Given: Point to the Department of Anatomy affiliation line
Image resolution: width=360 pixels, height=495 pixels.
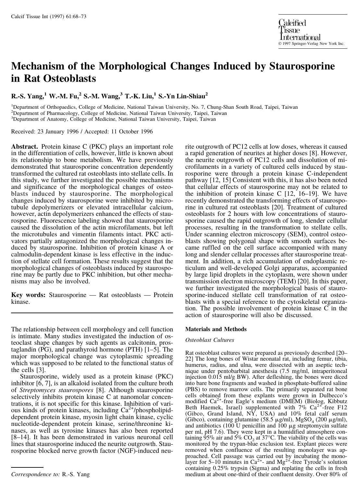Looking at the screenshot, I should coord(114,119).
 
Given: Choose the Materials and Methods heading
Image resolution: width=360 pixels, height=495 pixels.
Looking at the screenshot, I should coord(216,329).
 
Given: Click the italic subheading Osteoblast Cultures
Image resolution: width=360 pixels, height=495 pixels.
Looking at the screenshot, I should coord(209,340).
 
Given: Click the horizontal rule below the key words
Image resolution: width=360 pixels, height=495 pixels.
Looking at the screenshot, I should coord(92,313).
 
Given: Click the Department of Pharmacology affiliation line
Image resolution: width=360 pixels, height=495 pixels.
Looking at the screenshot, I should coord(119,113).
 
